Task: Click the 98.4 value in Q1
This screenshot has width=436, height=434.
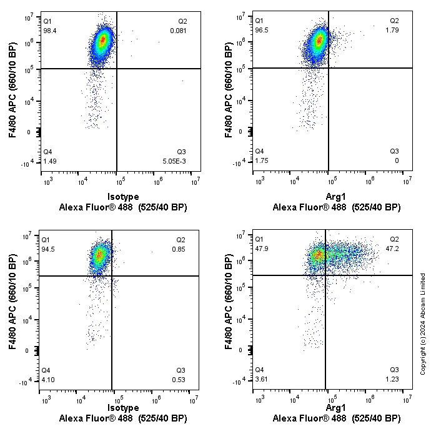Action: click(49, 30)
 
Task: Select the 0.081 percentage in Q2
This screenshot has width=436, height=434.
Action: click(179, 30)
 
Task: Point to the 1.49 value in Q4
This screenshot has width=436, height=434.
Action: click(49, 161)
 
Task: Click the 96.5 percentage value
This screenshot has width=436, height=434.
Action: click(261, 30)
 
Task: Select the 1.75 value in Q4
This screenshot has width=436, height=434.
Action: click(261, 161)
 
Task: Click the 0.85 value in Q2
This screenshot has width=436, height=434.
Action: click(179, 249)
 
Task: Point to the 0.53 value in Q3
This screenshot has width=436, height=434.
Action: click(179, 380)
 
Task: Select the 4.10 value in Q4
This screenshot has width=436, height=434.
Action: click(47, 380)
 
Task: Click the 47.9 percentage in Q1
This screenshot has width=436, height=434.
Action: click(261, 249)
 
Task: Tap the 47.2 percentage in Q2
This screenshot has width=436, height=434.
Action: click(393, 249)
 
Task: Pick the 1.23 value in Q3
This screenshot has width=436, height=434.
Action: click(393, 380)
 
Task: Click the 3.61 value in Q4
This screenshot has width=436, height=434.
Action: click(261, 380)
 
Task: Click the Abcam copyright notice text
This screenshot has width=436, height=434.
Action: click(423, 323)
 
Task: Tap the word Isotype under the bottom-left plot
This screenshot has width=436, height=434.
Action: click(123, 408)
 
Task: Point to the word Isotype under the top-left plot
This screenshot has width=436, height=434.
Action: click(123, 196)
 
